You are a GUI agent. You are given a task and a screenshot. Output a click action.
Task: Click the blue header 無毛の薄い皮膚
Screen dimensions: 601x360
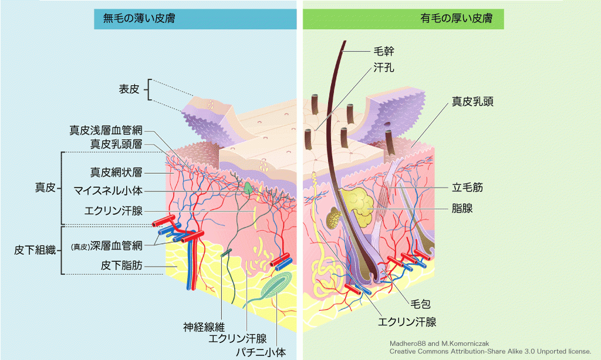click(x=195, y=18)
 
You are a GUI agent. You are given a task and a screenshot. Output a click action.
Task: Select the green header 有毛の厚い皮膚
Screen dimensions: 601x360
click(x=403, y=19)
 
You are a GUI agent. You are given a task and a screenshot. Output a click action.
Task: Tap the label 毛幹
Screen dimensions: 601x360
click(x=384, y=51)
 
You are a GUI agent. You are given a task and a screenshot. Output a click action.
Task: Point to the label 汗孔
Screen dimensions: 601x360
click(x=384, y=68)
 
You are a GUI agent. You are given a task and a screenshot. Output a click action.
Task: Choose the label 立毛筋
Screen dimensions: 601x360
click(x=467, y=187)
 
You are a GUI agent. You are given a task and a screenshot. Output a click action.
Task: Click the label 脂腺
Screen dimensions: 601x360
click(x=462, y=208)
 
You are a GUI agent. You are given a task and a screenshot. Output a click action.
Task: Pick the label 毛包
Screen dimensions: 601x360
click(x=420, y=304)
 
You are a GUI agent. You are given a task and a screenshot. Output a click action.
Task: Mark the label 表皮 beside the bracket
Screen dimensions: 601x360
click(x=129, y=89)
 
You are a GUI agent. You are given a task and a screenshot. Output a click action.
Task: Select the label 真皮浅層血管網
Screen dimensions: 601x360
click(x=106, y=130)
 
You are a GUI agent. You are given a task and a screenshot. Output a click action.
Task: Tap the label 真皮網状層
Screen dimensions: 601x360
click(x=116, y=173)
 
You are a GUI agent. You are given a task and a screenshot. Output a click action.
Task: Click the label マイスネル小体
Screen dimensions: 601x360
click(x=108, y=190)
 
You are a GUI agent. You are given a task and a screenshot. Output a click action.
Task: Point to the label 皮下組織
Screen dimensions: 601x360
click(x=35, y=250)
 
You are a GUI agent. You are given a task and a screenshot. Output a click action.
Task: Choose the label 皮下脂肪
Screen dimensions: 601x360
click(x=121, y=265)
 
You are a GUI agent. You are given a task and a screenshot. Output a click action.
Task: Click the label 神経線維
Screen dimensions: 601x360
click(x=204, y=327)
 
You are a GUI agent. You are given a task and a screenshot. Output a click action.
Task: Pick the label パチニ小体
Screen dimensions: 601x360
click(x=261, y=352)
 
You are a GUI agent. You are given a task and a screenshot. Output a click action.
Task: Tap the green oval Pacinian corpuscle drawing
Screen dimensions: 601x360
click(x=275, y=286)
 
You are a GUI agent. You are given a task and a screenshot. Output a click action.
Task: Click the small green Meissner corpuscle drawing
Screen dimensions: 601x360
click(x=248, y=187)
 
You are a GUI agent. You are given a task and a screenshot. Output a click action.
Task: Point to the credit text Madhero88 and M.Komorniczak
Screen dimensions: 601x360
click(x=439, y=344)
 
